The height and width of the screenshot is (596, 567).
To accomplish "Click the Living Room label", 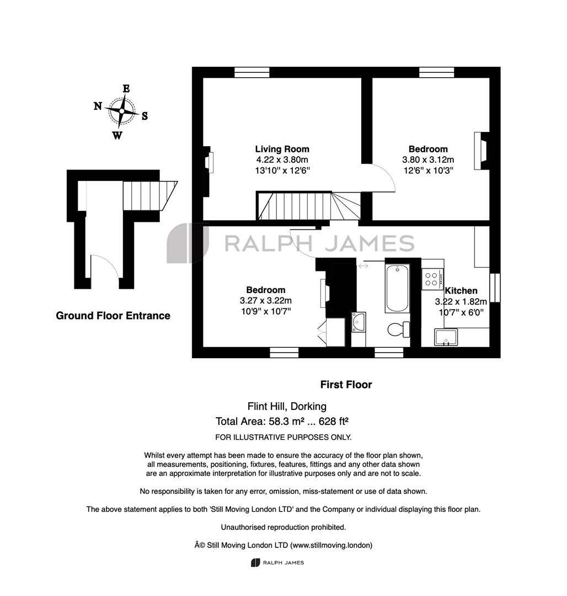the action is coord(282,149).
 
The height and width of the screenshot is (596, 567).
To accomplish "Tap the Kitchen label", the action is coord(461,291).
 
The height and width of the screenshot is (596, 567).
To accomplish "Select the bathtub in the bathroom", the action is coord(397,288).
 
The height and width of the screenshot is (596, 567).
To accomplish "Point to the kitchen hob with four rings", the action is coord(432,279).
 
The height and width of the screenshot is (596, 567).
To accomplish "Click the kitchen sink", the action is coord(446,337).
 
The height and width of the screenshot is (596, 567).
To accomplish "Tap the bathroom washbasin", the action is coord(359,322).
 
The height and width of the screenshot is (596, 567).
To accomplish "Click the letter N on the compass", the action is coord(98,105).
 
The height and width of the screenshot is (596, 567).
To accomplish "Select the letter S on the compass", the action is coord(145,116).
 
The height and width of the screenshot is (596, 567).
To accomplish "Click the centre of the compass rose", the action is coord(121,111).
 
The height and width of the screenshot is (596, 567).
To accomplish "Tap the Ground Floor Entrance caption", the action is coord(113,316).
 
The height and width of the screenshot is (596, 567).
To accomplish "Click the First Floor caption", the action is coord(346,385).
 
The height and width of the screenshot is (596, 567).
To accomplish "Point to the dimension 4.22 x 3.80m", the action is coord(282,159).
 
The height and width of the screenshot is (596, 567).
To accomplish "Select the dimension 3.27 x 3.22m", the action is coord(266,301).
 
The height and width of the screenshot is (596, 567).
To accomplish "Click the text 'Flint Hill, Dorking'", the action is coord(287,406).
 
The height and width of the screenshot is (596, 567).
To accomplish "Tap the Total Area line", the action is coord(282,421).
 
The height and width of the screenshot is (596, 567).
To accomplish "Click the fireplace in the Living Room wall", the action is coord(208,162).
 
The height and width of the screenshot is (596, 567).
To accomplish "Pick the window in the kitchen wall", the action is coord(495,288).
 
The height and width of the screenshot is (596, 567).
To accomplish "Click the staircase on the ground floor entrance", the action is coord(150,196).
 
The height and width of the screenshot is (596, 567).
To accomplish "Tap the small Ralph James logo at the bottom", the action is coord(277,562).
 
